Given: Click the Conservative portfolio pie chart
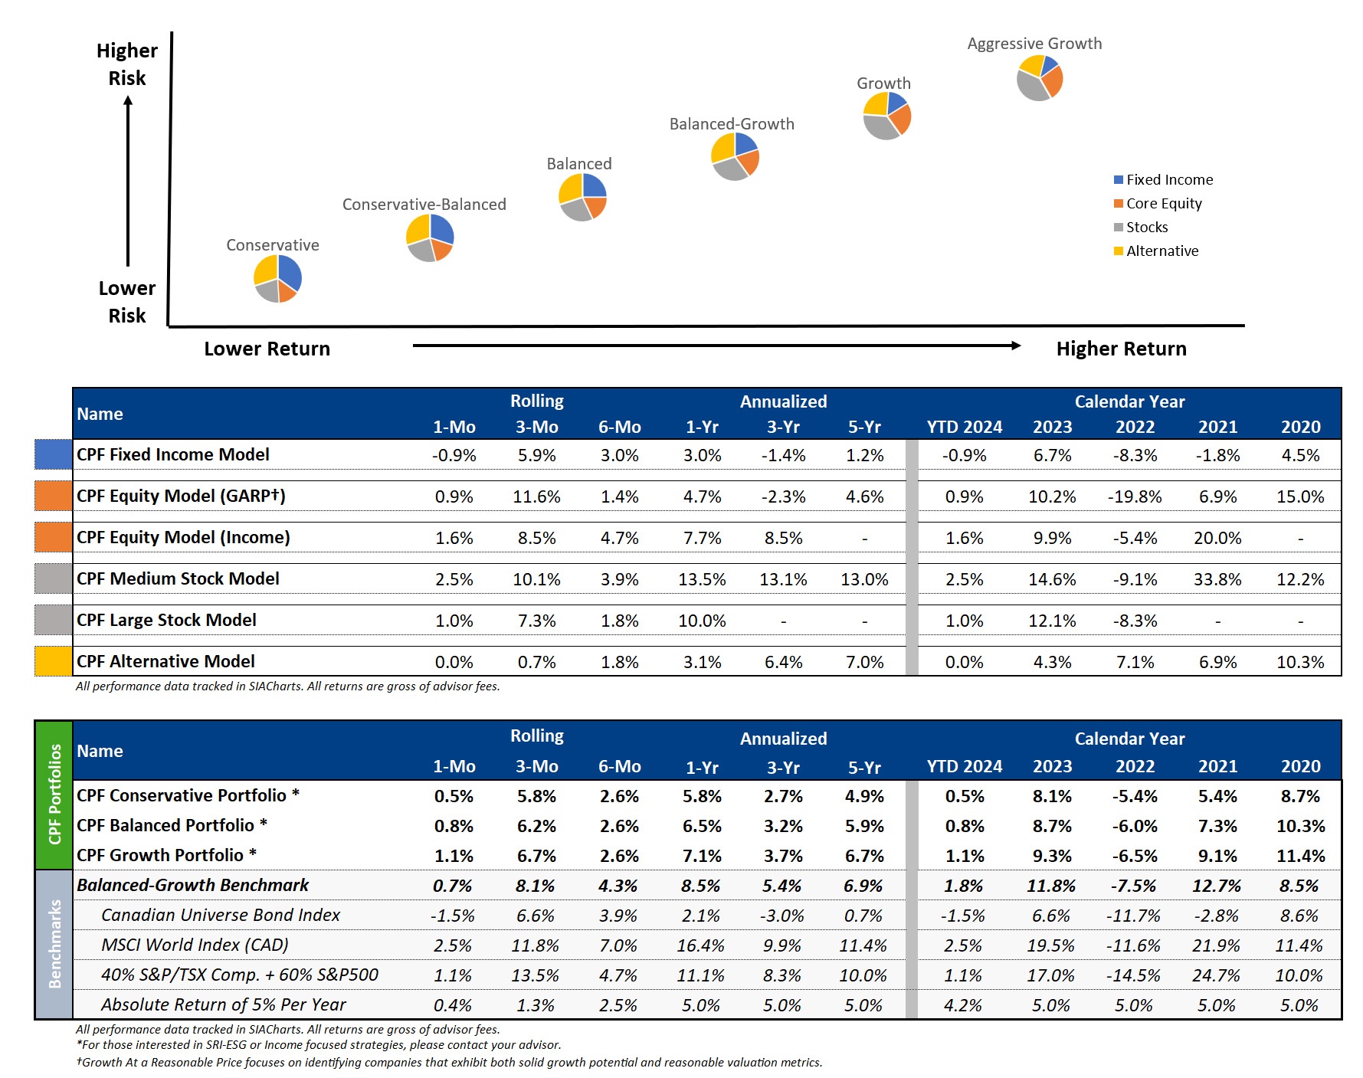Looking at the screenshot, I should click(x=277, y=279).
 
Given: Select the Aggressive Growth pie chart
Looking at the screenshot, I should click(x=1040, y=78).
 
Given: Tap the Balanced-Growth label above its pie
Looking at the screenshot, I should click(x=732, y=124).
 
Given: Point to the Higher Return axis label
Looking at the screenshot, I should click(x=1121, y=349).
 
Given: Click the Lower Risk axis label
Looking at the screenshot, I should click(x=127, y=302).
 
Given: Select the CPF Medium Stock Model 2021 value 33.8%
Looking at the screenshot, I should click(x=1217, y=580).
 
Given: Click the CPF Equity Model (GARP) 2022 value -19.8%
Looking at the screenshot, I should click(x=1134, y=497).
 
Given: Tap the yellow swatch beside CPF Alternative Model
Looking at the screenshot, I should click(x=53, y=661).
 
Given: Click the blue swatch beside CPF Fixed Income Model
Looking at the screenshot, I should click(x=53, y=454).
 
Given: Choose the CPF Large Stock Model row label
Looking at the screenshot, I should click(x=166, y=621).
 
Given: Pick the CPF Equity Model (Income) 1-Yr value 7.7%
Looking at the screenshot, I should click(x=702, y=539).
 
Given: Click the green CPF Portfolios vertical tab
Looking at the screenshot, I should click(x=54, y=795).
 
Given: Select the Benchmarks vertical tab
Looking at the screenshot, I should click(x=54, y=944).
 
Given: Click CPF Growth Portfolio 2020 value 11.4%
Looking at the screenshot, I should click(x=1299, y=856).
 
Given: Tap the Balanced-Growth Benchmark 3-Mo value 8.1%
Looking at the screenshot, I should click(x=535, y=886).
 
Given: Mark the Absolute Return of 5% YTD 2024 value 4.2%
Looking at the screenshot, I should click(x=963, y=1005).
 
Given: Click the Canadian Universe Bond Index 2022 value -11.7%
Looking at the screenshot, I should click(x=1133, y=916).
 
